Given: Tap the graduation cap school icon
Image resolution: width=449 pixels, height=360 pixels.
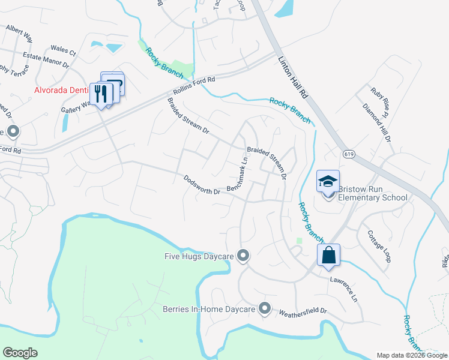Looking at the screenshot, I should [x=328, y=181].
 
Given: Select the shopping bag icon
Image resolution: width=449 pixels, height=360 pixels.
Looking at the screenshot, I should [x=329, y=254].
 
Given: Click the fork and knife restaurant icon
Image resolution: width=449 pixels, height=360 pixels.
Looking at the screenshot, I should [x=101, y=94].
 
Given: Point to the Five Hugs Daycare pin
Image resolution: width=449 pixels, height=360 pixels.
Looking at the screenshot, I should [x=243, y=256].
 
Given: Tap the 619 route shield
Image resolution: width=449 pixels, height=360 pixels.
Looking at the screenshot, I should [x=349, y=154].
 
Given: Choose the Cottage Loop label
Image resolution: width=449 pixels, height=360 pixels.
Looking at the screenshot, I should [x=379, y=246].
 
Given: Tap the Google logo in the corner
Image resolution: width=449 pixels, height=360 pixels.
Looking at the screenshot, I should [x=20, y=353].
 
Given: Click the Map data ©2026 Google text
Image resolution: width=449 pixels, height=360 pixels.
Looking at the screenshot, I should [x=412, y=355].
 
